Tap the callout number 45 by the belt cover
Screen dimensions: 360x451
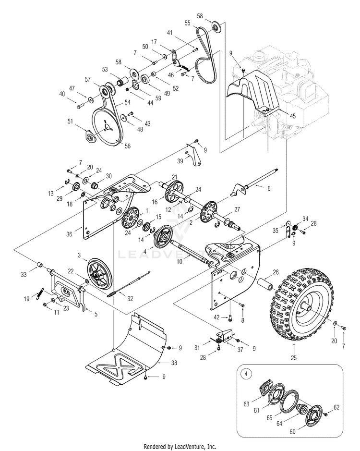pyautogui.click(x=292, y=116)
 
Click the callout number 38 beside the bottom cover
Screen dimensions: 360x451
pyautogui.click(x=174, y=363)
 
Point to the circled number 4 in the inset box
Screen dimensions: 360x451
pyautogui.click(x=246, y=374)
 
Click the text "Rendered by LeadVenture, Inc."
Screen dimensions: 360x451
pyautogui.click(x=180, y=447)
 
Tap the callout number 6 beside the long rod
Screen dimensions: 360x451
pyautogui.click(x=269, y=188)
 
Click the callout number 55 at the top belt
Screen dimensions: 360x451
pyautogui.click(x=188, y=23)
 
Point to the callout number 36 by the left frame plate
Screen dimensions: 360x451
pyautogui.click(x=69, y=234)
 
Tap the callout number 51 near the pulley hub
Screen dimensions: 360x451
pyautogui.click(x=70, y=122)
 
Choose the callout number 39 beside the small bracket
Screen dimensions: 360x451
pyautogui.click(x=180, y=161)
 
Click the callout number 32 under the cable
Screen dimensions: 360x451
pyautogui.click(x=130, y=299)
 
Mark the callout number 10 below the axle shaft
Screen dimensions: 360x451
pyautogui.click(x=180, y=261)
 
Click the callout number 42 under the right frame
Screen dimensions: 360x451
pyautogui.click(x=216, y=317)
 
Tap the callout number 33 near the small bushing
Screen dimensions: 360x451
pyautogui.click(x=24, y=274)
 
